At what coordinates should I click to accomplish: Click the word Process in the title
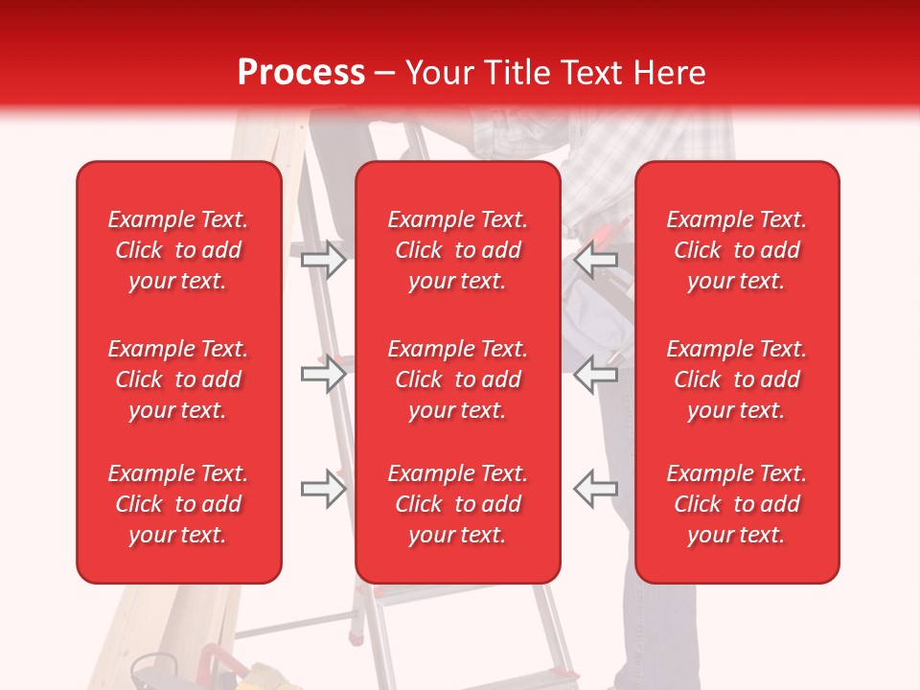click(301, 72)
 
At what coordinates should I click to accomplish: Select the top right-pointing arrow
click(324, 260)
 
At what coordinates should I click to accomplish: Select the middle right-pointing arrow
click(324, 374)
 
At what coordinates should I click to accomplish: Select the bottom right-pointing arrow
click(324, 489)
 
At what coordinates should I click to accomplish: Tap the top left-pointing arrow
click(595, 260)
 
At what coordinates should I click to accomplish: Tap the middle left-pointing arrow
click(595, 374)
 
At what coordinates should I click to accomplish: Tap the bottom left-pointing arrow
click(595, 489)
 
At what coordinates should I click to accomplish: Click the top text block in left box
click(178, 250)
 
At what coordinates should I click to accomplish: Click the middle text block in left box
click(178, 379)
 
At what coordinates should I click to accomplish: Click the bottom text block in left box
click(178, 504)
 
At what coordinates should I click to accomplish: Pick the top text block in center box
click(458, 250)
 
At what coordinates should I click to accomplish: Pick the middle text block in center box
click(458, 379)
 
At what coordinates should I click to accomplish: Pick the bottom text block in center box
click(458, 504)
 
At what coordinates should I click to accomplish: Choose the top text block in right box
click(737, 250)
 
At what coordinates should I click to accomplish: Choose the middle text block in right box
click(737, 379)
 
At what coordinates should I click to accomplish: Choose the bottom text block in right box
click(737, 504)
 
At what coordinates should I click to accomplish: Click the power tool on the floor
click(153, 671)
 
